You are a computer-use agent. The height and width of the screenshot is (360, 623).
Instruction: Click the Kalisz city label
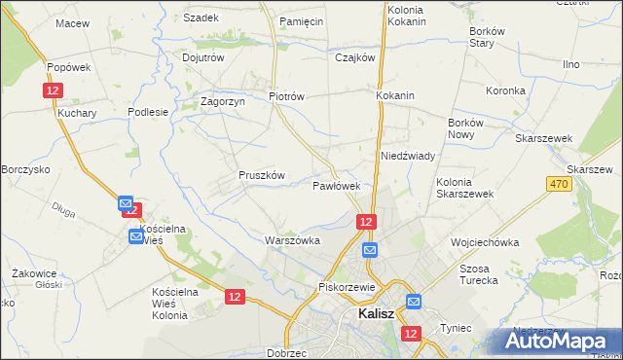point(375,314)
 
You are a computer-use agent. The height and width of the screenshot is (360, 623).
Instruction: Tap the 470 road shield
point(558,185)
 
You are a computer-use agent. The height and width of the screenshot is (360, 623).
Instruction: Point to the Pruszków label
point(261,176)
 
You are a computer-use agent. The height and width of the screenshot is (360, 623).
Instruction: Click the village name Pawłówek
point(337,185)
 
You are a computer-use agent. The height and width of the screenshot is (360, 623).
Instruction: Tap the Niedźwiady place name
point(407,156)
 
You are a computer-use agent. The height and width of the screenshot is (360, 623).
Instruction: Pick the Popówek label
point(68,67)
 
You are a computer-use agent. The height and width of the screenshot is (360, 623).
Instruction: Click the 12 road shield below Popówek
point(53,90)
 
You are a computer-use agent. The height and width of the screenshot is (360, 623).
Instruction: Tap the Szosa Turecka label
point(478,274)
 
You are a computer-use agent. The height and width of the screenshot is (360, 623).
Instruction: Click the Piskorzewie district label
point(347,288)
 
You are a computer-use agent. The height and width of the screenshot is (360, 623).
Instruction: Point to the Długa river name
point(64,206)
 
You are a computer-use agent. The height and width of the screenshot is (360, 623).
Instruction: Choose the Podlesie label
point(148,112)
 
